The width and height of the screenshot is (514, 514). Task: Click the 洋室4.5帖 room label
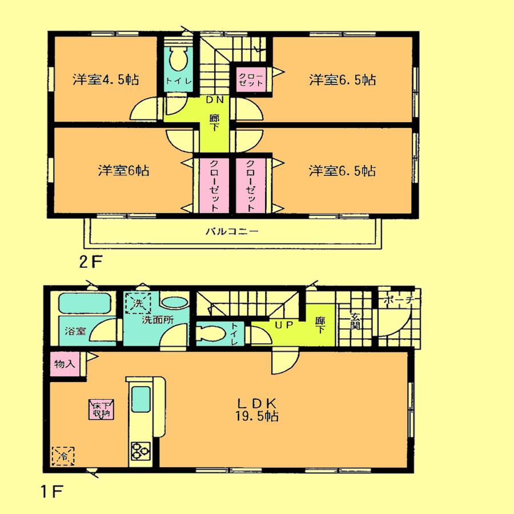(x=107, y=79)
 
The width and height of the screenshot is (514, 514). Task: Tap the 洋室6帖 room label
(x=123, y=170)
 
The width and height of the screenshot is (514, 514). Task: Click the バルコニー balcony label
(x=232, y=232)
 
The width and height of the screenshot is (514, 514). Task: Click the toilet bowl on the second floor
(x=178, y=59)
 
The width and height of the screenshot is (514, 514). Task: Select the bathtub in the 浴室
(x=83, y=303)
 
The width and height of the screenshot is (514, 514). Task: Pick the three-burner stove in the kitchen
(x=140, y=451)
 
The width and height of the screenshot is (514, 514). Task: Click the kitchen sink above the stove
(x=141, y=403)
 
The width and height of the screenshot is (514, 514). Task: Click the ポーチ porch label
(x=401, y=300)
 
